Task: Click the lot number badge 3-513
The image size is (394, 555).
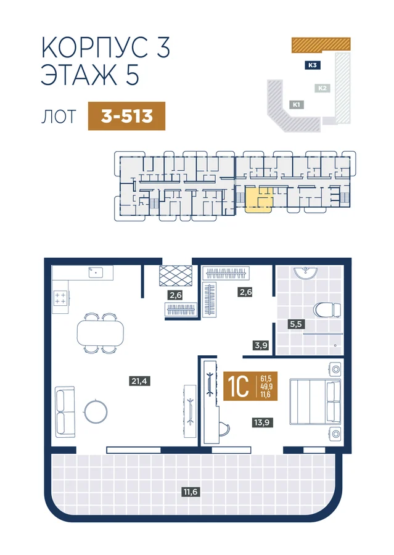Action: tap(127, 116)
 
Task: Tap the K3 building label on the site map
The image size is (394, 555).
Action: tap(312, 65)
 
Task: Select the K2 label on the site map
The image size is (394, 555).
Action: tap(322, 88)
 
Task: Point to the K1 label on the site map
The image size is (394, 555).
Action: tap(297, 105)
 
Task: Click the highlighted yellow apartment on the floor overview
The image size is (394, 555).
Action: tap(259, 200)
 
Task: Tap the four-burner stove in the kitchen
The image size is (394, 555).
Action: tap(60, 298)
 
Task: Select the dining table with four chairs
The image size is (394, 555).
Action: tap(101, 333)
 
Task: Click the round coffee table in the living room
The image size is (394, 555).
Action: tap(96, 411)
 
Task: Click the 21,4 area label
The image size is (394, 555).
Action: tap(139, 381)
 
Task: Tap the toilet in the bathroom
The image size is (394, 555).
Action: tap(327, 310)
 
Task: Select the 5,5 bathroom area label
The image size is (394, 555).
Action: tap(297, 324)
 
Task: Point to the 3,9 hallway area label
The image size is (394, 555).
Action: tap(261, 344)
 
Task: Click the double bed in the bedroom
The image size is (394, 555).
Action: tap(315, 401)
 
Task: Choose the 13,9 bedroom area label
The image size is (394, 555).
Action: tap(263, 422)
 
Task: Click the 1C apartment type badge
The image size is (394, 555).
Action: tap(250, 386)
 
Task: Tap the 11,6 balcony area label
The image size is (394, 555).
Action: tap(191, 491)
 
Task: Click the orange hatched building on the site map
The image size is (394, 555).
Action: tap(321, 44)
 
